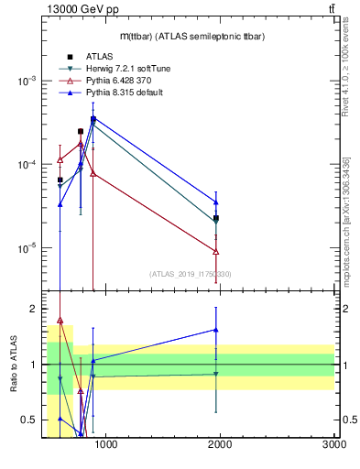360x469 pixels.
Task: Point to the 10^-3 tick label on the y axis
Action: click(25, 81)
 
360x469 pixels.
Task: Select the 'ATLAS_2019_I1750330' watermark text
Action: click(190, 274)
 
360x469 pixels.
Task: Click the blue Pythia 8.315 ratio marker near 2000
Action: click(216, 330)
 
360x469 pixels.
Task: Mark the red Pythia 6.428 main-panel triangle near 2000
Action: click(216, 252)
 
